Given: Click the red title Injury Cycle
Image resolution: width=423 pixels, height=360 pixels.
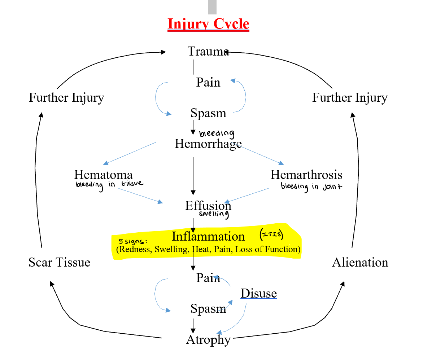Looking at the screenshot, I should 208,24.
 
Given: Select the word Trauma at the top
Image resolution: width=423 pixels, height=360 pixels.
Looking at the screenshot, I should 208,51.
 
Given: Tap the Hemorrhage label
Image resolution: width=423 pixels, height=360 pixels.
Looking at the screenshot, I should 208,144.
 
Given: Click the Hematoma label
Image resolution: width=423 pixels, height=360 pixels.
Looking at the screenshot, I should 103,175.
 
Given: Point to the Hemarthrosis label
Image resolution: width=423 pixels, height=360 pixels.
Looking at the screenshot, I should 306,175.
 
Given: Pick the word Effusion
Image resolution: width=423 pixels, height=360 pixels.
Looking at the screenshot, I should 208,206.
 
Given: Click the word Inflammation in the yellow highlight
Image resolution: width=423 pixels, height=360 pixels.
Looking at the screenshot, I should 208,236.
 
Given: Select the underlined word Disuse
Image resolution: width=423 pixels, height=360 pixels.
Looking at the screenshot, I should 258,294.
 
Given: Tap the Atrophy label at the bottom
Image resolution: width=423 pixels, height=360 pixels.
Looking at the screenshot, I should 208,339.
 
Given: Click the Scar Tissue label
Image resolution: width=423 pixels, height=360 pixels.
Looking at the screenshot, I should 59,262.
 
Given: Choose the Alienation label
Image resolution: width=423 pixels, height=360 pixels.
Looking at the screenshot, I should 360,262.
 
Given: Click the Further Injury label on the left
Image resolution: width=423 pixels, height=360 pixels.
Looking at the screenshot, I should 66,97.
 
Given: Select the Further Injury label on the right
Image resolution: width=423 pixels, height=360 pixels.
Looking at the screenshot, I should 350,97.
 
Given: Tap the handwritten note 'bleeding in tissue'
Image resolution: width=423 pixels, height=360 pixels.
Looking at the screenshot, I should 109,184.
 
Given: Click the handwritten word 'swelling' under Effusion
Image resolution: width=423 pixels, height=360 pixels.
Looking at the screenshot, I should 214,214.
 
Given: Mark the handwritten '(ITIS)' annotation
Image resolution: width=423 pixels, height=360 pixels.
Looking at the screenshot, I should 271,235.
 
